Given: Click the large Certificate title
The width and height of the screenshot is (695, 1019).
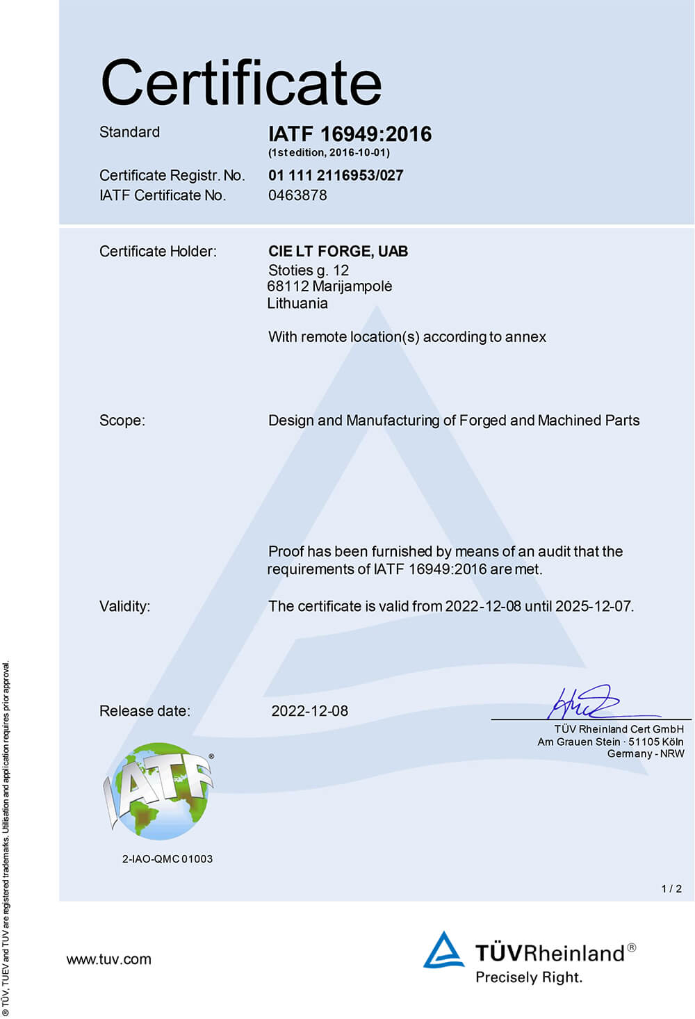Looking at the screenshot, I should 241,83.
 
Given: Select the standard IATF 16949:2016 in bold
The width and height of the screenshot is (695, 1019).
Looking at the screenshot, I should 350,133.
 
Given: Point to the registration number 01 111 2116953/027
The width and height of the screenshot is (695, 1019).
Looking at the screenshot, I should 336,175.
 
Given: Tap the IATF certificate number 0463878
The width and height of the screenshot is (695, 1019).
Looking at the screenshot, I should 297,195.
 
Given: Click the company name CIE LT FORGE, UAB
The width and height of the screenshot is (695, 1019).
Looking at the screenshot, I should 338,251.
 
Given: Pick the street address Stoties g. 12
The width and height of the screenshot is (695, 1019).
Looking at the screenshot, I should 309,270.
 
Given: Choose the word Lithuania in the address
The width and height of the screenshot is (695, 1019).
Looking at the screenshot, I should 297,303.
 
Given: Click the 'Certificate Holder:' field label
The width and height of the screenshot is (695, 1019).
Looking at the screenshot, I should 158,251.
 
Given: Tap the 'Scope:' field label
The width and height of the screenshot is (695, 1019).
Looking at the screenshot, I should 122,421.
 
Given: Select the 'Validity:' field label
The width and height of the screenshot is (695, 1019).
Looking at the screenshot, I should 124,606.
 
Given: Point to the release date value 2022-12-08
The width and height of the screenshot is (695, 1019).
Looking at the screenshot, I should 309,710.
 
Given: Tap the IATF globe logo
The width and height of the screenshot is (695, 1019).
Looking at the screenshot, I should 159,790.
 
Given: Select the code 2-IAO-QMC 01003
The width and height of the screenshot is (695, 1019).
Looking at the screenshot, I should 167,859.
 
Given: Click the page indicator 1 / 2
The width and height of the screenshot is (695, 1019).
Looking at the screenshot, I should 671,888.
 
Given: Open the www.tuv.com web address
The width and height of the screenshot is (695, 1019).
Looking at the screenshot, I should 108,959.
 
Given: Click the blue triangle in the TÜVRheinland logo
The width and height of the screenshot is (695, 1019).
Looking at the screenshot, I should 443,951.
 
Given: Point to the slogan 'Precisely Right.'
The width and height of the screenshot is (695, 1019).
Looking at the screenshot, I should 528,977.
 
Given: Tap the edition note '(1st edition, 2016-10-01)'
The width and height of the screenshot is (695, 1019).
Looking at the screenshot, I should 329,152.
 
